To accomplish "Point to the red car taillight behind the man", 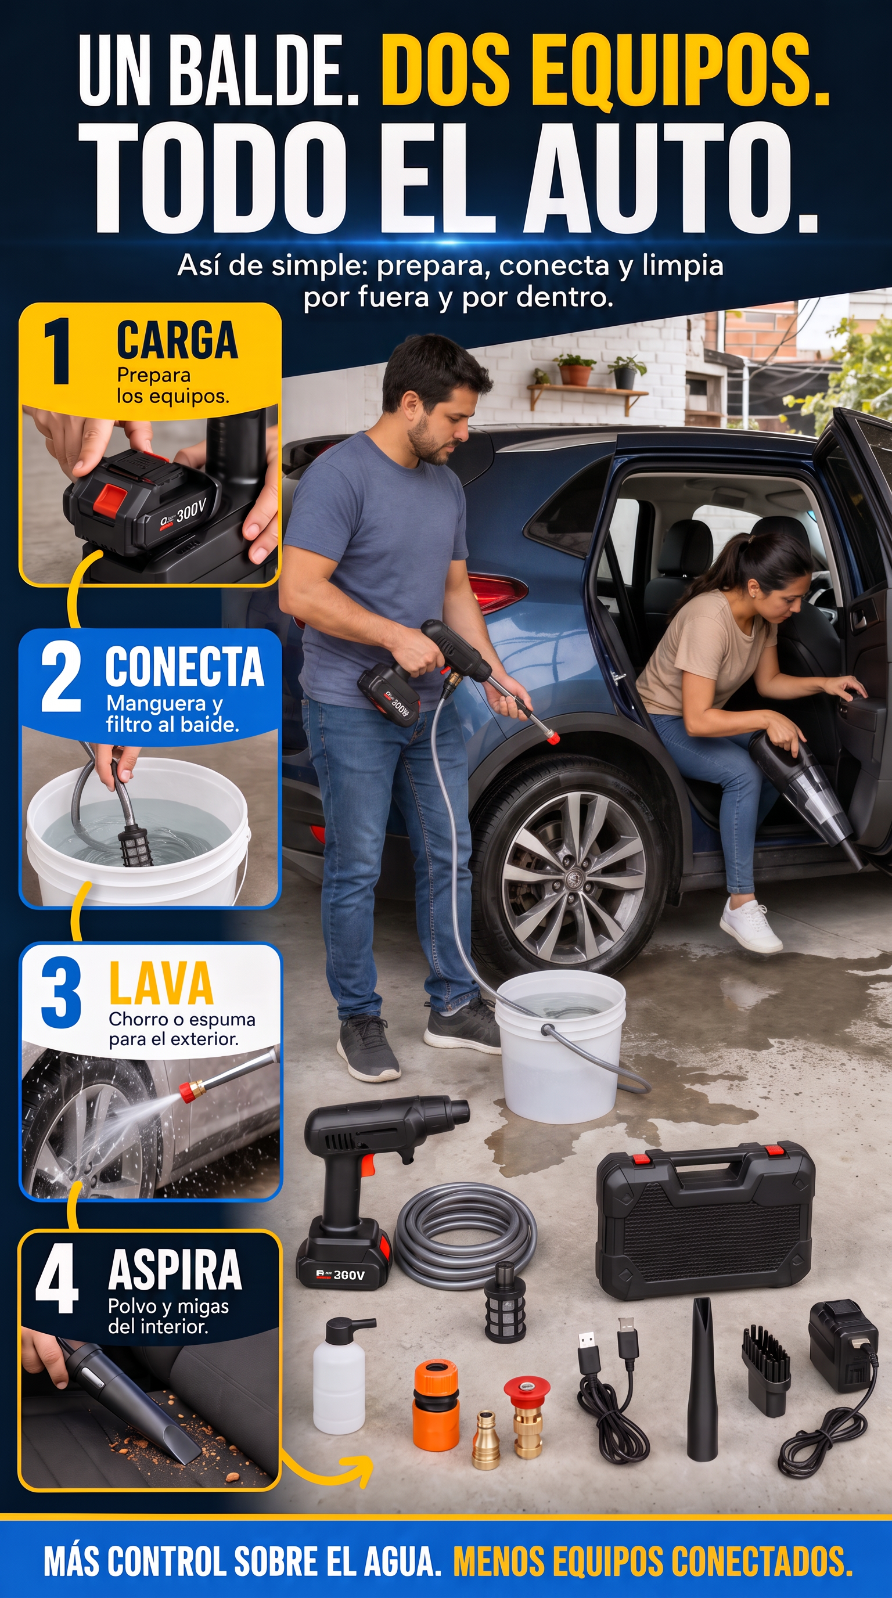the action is (497, 593).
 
